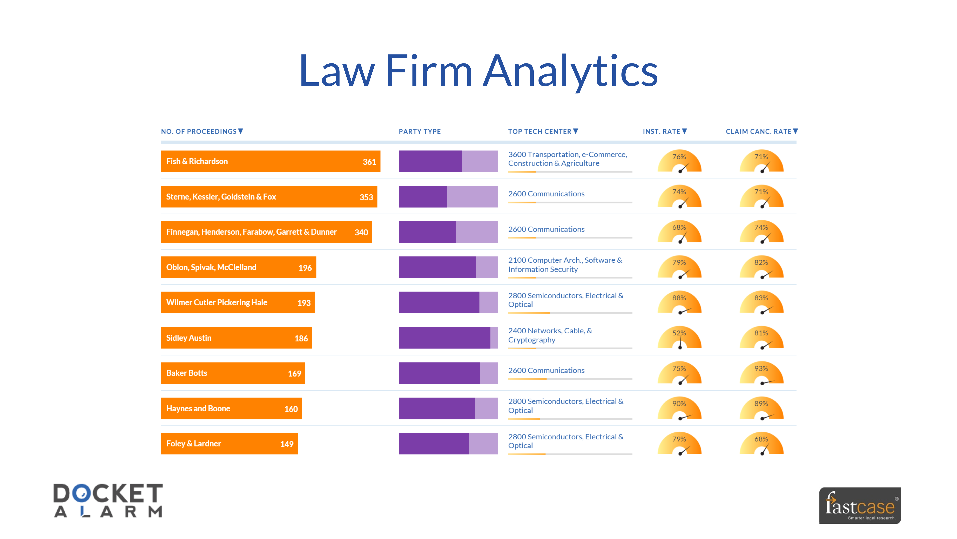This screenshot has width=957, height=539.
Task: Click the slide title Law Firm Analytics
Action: click(x=478, y=71)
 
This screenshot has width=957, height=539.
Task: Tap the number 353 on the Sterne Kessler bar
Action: click(x=366, y=197)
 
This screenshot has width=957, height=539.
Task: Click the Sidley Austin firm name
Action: click(x=189, y=338)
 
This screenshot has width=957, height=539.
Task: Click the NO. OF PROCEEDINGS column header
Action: click(x=199, y=131)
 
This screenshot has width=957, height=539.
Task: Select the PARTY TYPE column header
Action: click(x=419, y=131)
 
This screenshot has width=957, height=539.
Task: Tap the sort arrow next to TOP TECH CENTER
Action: click(x=576, y=131)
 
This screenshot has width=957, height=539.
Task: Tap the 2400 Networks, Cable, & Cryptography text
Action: click(x=550, y=335)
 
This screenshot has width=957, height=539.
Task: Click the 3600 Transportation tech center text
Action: click(x=567, y=159)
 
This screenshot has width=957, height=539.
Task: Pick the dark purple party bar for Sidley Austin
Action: click(x=444, y=338)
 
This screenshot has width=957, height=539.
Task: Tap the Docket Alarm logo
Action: click(x=108, y=500)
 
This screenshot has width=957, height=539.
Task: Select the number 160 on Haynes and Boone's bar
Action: click(x=291, y=409)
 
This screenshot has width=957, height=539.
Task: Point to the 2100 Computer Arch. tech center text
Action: click(x=565, y=264)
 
